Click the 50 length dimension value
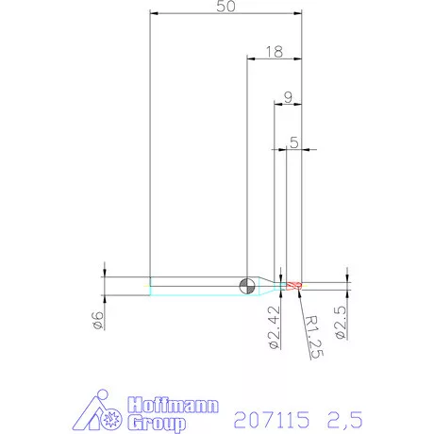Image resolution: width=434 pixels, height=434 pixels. tap(225, 7)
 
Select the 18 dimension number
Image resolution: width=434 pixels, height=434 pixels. tap(275, 52)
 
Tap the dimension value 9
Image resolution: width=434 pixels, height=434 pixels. tap(288, 97)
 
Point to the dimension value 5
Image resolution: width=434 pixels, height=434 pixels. tap(294, 142)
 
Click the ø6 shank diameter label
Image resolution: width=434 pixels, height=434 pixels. tap(98, 321)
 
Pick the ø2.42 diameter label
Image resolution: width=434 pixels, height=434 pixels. tap(274, 327)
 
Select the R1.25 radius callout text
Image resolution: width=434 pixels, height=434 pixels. tap(314, 337)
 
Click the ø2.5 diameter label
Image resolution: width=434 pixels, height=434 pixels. tap(341, 323)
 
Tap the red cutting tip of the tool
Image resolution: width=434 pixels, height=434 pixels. tap(294, 286)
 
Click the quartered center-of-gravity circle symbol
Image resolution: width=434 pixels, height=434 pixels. tap(247, 286)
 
